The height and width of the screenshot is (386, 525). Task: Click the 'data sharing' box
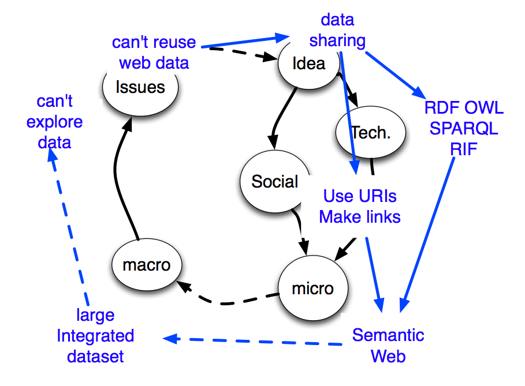[x=337, y=30]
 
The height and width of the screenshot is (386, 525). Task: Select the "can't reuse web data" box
[x=154, y=53]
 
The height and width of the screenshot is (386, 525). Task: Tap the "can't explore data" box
[x=55, y=121]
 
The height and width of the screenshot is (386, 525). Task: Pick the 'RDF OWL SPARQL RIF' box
[x=464, y=128]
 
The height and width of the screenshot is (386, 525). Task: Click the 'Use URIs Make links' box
[x=360, y=207]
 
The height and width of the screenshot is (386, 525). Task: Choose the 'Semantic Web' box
[x=388, y=345]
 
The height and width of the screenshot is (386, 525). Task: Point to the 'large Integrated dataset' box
[x=95, y=336]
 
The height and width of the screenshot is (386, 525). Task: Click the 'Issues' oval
[x=140, y=87]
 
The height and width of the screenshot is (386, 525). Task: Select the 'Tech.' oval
[x=371, y=133]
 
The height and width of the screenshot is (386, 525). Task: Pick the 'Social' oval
[x=275, y=182]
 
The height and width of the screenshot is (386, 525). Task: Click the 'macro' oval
[x=147, y=265]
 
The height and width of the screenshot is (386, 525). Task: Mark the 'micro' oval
[x=313, y=288]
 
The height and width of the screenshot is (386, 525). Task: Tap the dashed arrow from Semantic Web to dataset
[x=254, y=342]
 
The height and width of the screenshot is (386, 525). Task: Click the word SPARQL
[x=464, y=128]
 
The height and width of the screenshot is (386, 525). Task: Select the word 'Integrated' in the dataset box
[x=95, y=336]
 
